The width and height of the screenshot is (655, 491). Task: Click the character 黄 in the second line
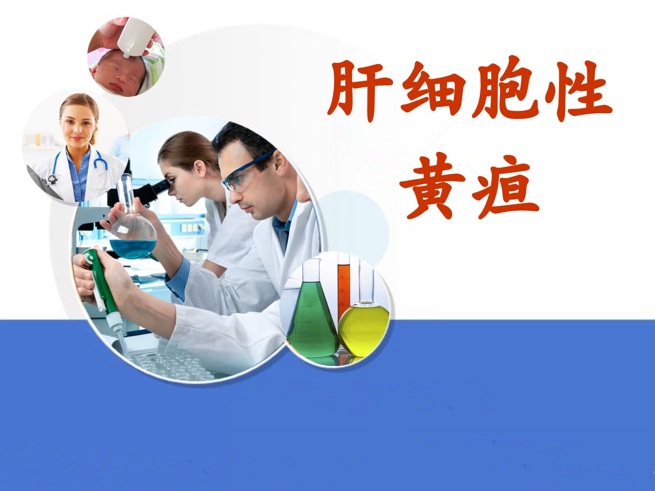point(432,187)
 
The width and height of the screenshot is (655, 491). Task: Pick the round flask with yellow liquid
point(363,321)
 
